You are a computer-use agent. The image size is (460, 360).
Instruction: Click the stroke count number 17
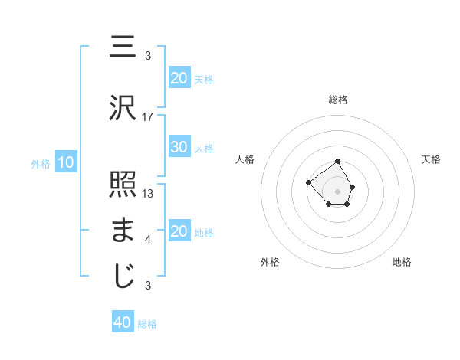click(x=149, y=117)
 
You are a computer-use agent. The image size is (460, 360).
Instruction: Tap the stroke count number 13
click(x=149, y=194)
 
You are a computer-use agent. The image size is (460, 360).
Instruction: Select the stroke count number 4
click(x=148, y=240)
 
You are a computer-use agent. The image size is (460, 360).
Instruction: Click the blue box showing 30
click(x=179, y=147)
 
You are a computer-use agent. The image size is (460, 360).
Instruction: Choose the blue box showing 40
click(x=123, y=322)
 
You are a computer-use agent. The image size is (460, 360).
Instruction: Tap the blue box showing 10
click(x=65, y=162)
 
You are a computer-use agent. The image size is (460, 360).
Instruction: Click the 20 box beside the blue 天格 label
click(x=179, y=77)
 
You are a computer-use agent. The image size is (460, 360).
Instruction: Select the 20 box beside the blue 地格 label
click(x=179, y=231)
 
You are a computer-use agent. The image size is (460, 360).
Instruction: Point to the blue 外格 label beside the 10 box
click(x=40, y=163)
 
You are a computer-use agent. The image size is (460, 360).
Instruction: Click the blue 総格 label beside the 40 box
click(x=147, y=323)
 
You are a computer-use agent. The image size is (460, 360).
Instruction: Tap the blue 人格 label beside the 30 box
click(x=204, y=148)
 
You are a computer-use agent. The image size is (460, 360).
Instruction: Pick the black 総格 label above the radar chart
click(x=337, y=100)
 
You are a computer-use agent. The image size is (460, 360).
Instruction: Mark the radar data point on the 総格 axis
click(x=337, y=162)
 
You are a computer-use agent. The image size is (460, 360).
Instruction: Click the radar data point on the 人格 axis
click(x=308, y=182)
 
